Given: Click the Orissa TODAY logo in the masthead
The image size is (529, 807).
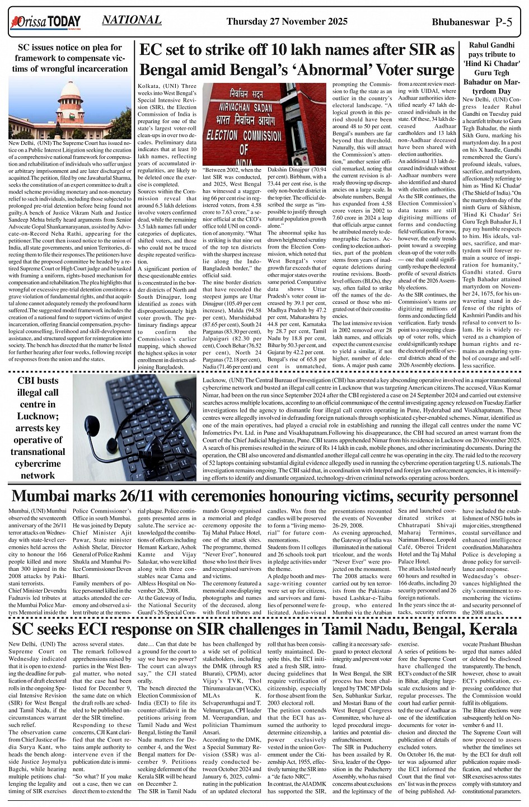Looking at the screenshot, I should click(45, 22).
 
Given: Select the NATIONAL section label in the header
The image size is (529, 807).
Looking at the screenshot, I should click(132, 20).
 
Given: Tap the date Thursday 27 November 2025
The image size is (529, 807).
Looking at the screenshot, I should click(287, 22).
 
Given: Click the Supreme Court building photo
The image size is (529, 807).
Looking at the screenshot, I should click(69, 109).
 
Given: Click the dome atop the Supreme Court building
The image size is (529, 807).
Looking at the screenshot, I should click(70, 90).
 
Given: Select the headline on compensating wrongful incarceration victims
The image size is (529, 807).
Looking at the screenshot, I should click(69, 58).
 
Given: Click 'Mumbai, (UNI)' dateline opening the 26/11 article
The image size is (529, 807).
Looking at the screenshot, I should click(28, 511).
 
